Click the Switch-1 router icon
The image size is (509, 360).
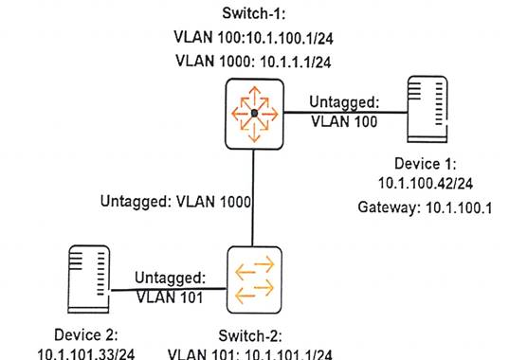[254, 114]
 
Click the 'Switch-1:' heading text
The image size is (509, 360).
[253, 16]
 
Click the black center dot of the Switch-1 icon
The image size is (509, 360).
[254, 114]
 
